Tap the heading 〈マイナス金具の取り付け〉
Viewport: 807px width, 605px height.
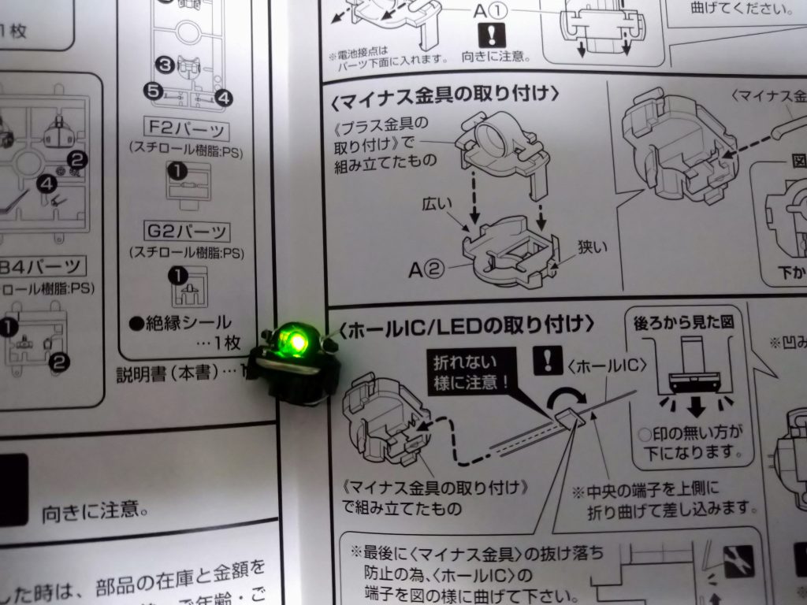446,94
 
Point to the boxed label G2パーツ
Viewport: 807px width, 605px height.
188,232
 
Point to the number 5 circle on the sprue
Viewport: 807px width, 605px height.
154,91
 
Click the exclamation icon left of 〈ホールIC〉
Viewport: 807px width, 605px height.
546,360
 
